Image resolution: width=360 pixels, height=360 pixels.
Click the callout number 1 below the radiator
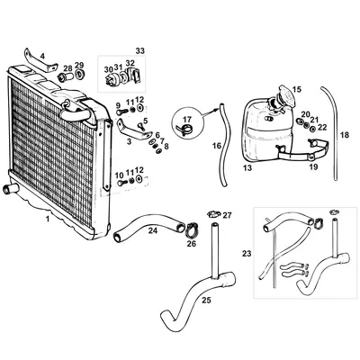click(48, 218)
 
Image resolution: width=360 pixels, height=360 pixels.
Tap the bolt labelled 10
click(121, 185)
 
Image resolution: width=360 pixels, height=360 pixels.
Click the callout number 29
click(79, 65)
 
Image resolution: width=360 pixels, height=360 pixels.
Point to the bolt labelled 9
click(120, 114)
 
